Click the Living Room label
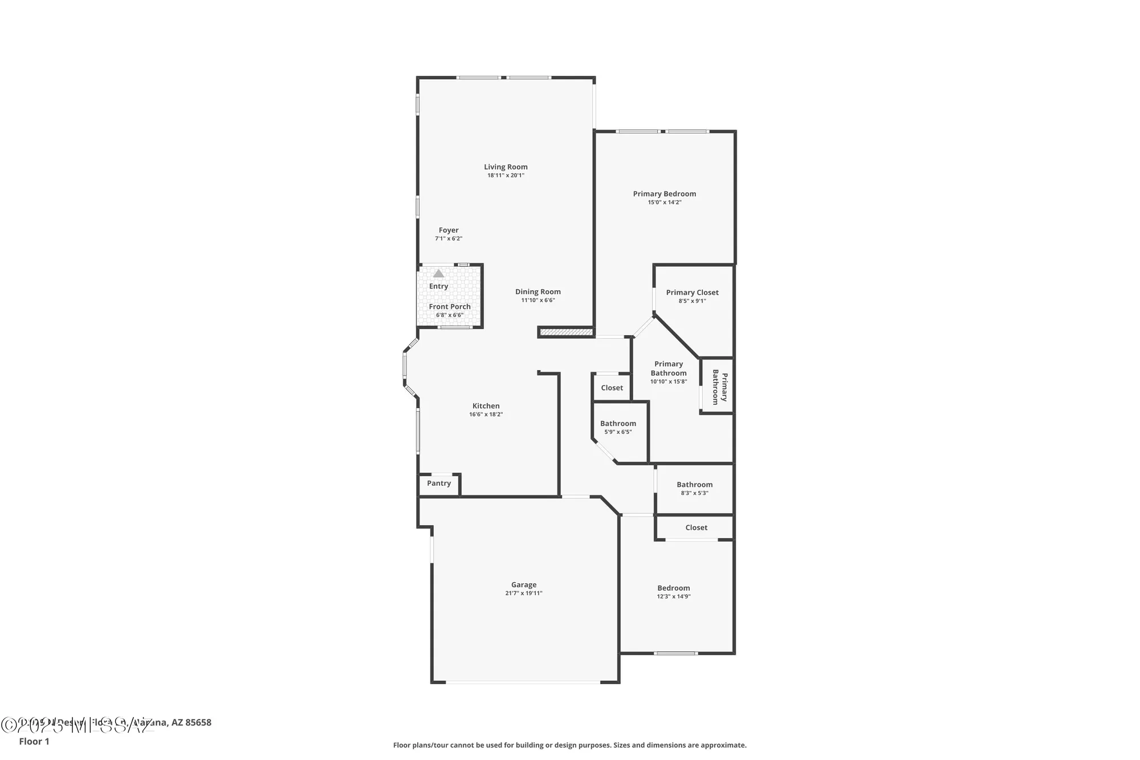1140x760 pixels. coord(506,167)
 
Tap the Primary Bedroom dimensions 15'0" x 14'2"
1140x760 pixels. coord(664,202)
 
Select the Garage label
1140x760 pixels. coord(523,584)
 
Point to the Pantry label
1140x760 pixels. coord(439,483)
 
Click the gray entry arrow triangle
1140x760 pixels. coord(438,274)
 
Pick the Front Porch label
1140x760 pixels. coord(450,307)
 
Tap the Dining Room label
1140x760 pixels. coord(538,291)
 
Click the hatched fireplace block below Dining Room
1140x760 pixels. coord(566,331)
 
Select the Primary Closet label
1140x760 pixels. coord(692,292)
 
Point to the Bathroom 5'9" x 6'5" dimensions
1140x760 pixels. coord(618,432)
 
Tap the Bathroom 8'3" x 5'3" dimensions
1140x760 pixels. coord(694,493)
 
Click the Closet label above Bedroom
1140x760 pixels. coord(696,527)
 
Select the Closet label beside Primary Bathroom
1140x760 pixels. coord(612,388)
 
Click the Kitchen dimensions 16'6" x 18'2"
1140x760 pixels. coord(486,414)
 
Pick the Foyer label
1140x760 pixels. coord(449,230)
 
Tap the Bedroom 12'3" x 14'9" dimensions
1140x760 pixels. coord(673,596)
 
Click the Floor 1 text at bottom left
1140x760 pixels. coord(34,741)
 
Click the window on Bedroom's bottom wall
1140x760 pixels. coord(675,653)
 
